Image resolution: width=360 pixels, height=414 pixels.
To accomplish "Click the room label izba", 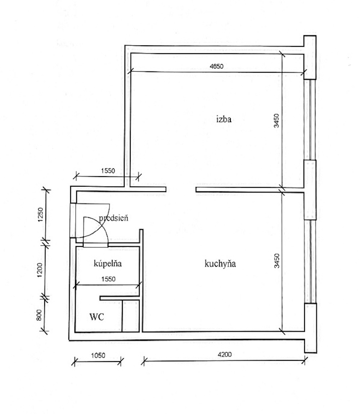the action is tap(224, 119).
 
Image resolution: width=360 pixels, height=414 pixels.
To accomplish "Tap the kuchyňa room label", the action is tap(220, 264).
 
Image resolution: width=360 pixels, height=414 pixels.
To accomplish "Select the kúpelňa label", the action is tap(108, 263).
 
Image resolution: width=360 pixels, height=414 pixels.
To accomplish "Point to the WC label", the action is tap(97, 317).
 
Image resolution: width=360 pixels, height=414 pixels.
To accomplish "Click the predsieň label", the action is tap(113, 218).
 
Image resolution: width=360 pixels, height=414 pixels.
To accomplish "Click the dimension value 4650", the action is tap(216, 66).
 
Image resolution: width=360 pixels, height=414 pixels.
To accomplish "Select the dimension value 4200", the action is tap(224, 354).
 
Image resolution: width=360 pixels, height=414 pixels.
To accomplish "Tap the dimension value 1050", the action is tap(98, 355).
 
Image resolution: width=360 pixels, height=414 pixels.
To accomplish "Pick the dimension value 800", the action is tap(39, 315).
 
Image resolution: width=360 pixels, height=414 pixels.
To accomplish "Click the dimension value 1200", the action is tap(39, 270).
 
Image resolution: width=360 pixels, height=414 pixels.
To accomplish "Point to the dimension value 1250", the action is tap(40, 215).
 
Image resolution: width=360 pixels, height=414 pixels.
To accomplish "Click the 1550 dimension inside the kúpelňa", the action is tap(108, 279).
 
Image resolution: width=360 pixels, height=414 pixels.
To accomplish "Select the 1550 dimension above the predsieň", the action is tap(108, 171).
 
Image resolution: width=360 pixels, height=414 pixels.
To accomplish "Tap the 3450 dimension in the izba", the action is tap(276, 120).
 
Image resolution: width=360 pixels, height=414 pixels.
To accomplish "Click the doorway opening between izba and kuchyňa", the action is tap(181, 190).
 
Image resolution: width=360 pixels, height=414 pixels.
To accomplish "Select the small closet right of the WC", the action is tap(131, 316).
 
